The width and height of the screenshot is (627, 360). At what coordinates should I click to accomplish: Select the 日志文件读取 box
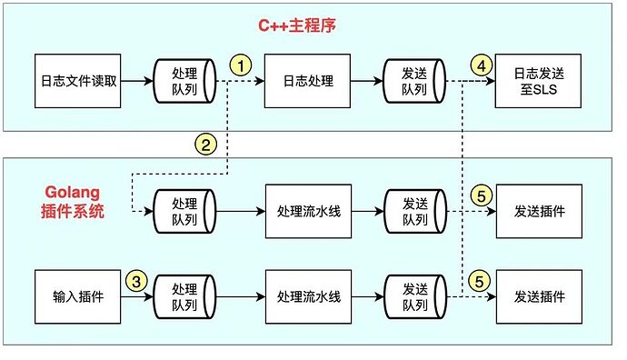77,82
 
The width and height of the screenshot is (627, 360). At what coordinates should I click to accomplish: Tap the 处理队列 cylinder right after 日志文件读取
184,82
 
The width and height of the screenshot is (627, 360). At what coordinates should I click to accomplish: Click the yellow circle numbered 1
240,65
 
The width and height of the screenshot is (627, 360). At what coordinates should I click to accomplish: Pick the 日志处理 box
307,82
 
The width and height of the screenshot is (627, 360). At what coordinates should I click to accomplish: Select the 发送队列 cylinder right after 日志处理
415,82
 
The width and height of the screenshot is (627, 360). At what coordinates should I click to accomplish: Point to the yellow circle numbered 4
482,65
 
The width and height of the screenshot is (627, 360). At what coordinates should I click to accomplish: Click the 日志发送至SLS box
538,82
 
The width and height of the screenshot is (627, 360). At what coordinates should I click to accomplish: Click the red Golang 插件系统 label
75,203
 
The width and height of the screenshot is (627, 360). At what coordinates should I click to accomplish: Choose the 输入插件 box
77,297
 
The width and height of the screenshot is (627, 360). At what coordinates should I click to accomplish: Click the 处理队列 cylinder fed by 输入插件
184,297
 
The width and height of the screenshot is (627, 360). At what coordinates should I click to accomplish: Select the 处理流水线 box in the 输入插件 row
307,297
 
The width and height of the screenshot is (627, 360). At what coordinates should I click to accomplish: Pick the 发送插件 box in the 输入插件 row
538,297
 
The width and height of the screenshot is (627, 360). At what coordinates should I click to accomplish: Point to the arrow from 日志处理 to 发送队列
367,82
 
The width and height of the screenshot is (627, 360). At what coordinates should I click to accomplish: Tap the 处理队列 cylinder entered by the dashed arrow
184,211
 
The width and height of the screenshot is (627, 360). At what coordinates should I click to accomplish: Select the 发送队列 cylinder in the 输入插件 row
415,297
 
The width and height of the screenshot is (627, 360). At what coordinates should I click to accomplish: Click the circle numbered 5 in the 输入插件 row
482,282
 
